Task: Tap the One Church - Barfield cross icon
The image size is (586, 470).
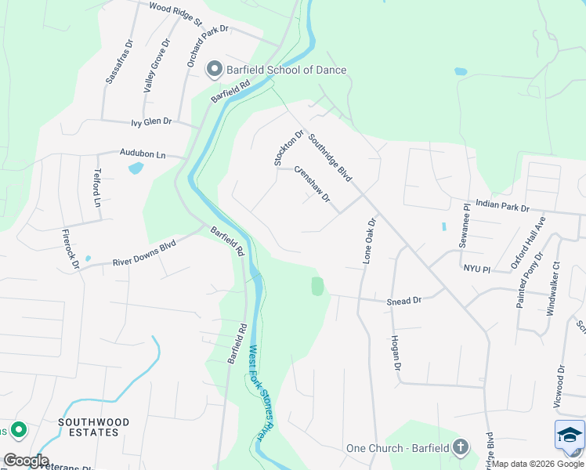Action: [461, 448]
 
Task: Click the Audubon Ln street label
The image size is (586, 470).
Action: [143, 154]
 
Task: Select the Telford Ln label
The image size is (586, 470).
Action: [98, 188]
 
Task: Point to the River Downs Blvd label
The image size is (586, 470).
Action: [144, 253]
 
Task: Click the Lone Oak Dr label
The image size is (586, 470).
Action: [370, 241]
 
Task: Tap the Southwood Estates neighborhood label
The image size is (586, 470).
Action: [88, 427]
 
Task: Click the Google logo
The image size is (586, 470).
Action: [26, 461]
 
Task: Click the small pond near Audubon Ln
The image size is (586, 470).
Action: [135, 168]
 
